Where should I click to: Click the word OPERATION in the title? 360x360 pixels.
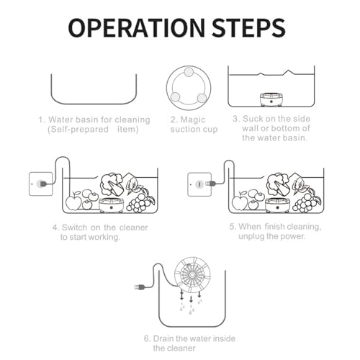(136, 28)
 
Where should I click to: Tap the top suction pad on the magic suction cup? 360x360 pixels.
(189, 72)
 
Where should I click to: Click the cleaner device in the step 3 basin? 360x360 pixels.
(271, 99)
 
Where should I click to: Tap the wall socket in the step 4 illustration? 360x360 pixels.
(40, 184)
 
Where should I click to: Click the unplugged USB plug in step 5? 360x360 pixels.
(211, 184)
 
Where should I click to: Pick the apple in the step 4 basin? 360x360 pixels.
(73, 201)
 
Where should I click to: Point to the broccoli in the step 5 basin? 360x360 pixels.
(278, 184)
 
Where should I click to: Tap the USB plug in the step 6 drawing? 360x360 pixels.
(140, 287)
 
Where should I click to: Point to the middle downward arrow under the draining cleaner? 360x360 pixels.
(191, 299)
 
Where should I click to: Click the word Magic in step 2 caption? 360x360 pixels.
(193, 120)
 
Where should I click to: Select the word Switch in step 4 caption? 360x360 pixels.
(74, 228)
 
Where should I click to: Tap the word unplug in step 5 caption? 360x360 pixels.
(251, 237)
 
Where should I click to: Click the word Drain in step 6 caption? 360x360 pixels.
(163, 338)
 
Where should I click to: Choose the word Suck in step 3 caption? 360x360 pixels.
(253, 119)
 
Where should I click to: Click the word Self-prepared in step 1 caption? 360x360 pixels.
(78, 130)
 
